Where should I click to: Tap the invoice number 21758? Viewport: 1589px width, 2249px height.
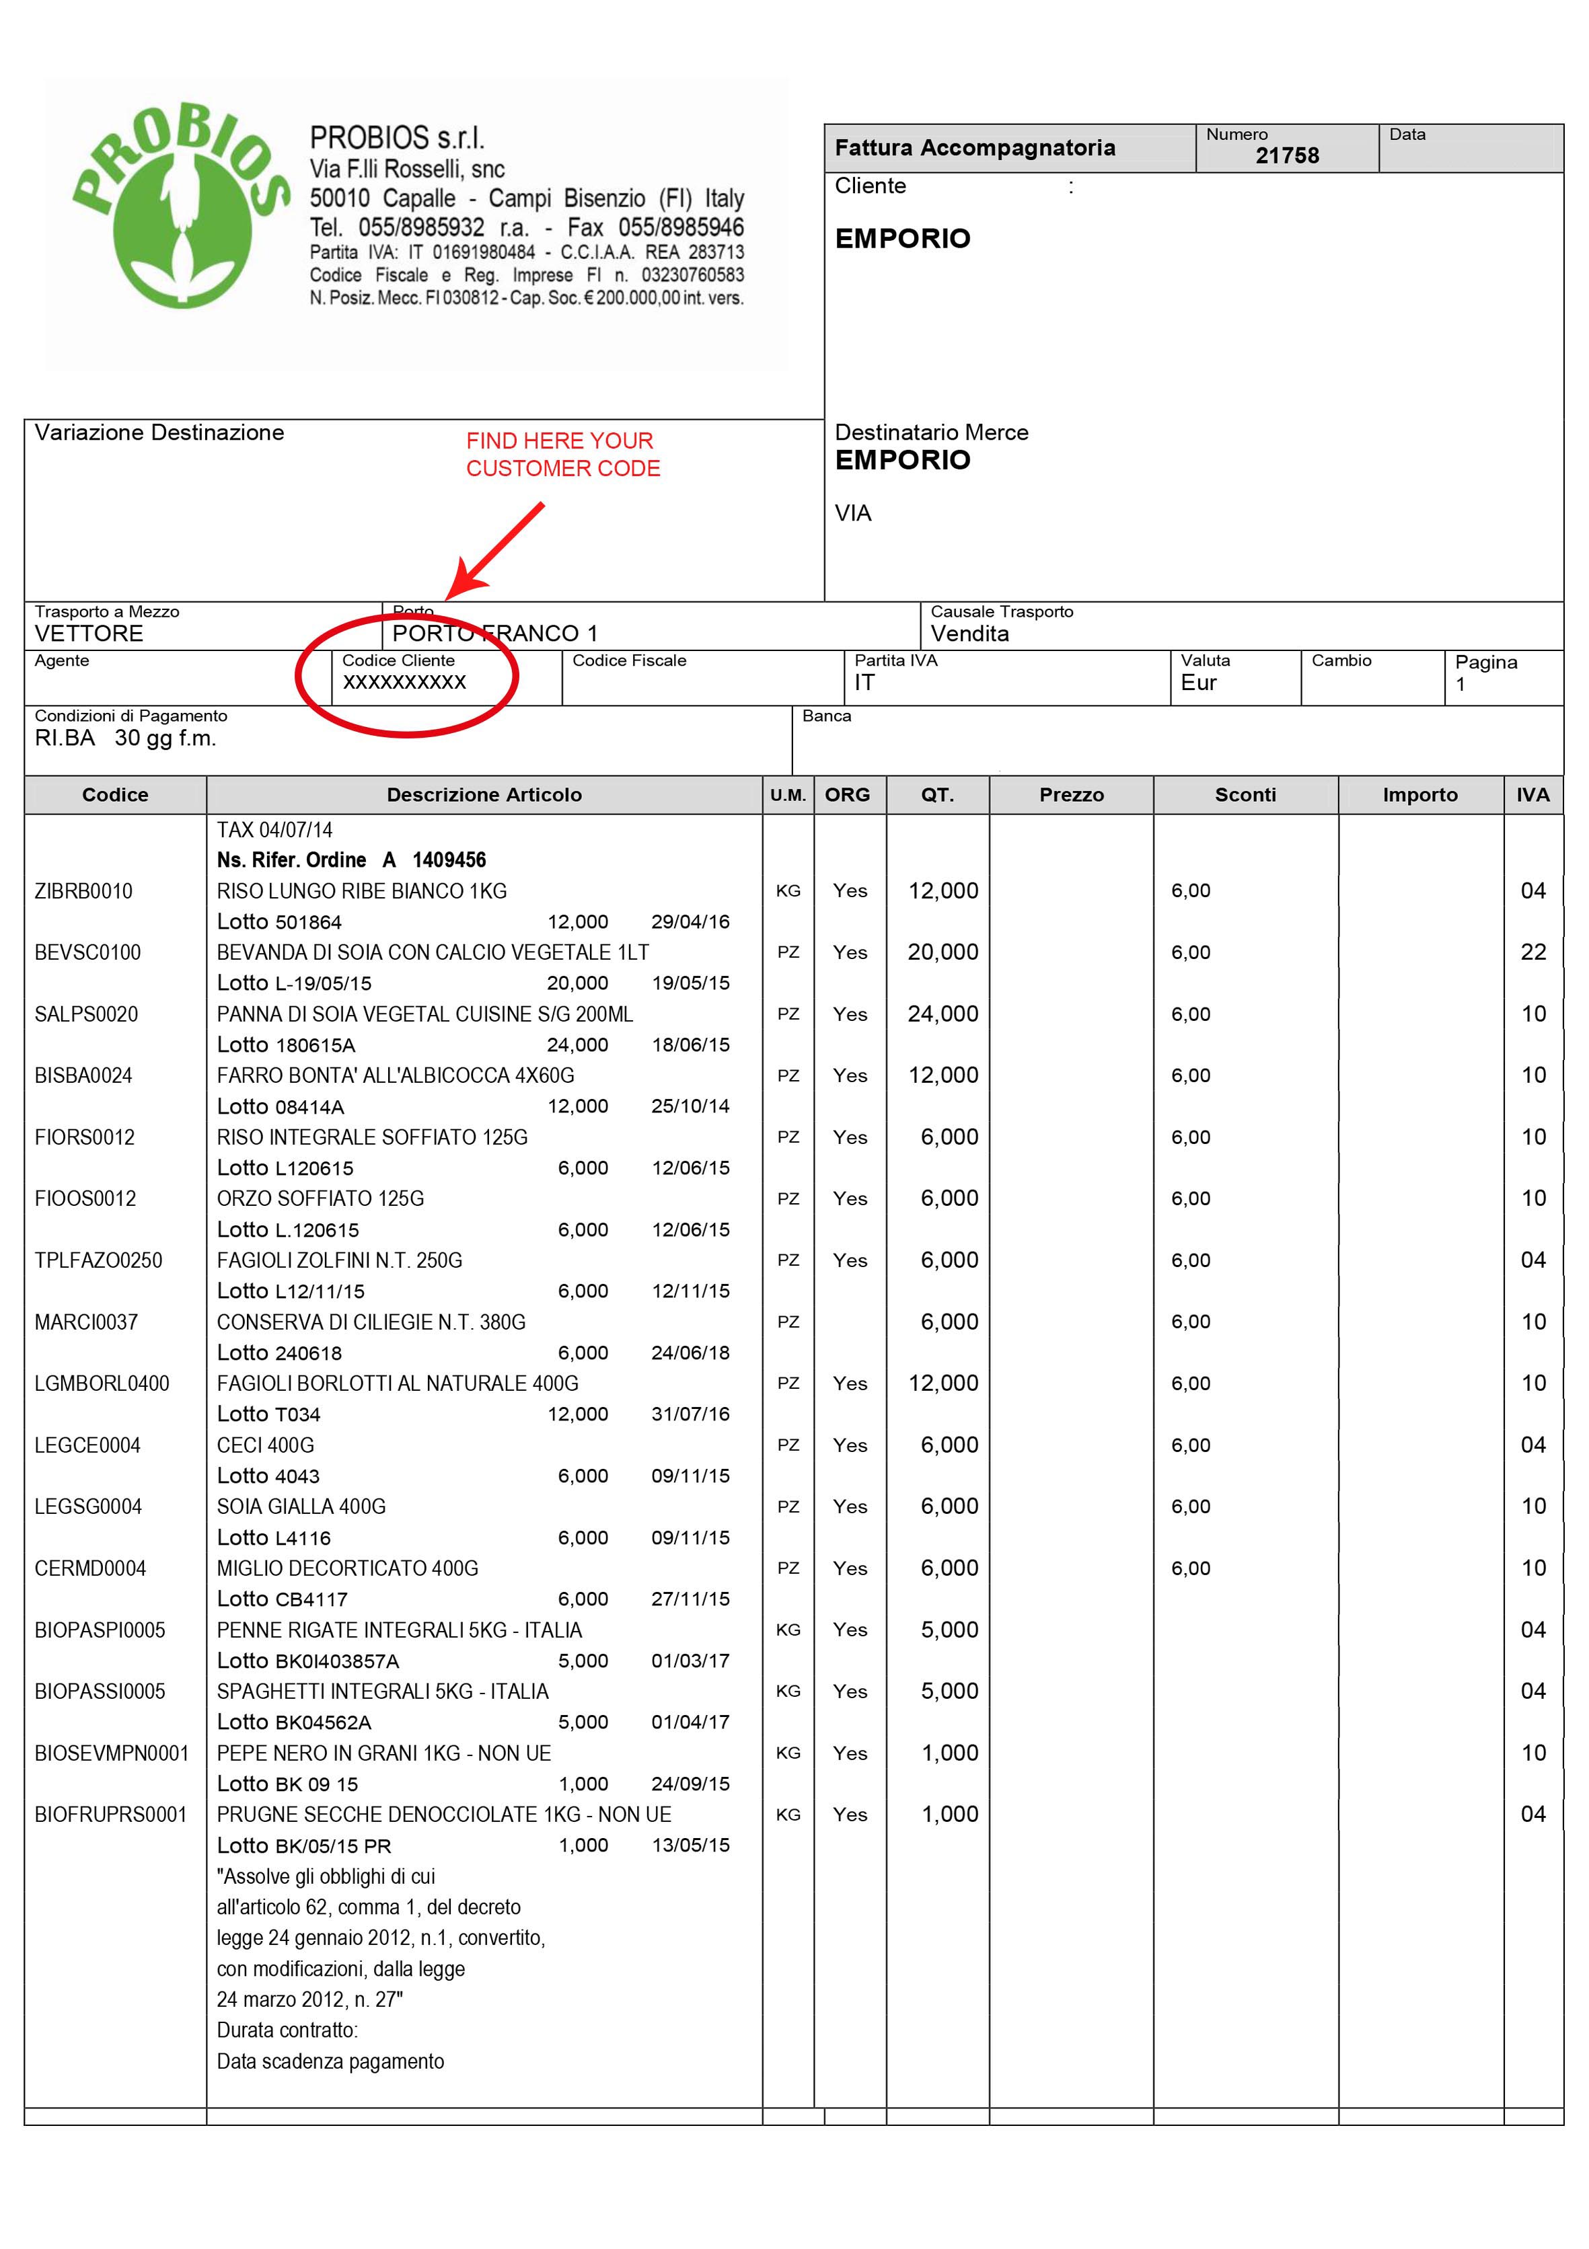click(1286, 156)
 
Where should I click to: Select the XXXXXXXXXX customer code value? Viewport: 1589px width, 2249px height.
click(404, 683)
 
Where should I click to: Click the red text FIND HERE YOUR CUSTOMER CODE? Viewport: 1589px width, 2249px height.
click(562, 455)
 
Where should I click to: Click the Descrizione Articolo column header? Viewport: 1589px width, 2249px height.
click(484, 796)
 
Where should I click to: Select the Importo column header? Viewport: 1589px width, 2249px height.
click(1419, 796)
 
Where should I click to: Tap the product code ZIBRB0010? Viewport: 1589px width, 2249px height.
click(83, 891)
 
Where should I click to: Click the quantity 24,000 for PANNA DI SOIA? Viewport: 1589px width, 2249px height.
click(943, 1014)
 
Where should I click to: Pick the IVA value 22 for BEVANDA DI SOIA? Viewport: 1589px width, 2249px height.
click(1532, 952)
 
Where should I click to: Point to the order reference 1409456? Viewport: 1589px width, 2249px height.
click(449, 860)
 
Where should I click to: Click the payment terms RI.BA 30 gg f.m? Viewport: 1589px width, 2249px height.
click(125, 738)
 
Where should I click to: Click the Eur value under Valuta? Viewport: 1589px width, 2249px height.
click(1198, 683)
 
